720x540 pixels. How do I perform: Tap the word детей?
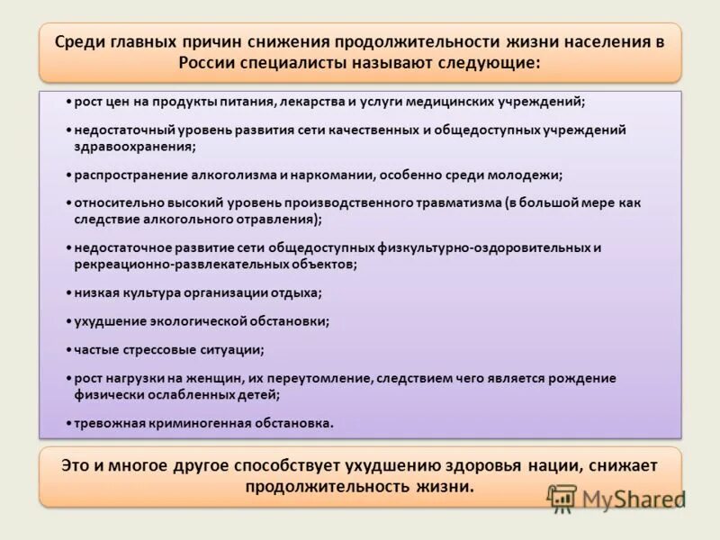point(260,394)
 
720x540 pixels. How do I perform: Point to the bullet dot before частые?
point(69,349)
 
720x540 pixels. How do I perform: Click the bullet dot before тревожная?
point(69,422)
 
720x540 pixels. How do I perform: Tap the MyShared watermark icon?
point(562,497)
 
